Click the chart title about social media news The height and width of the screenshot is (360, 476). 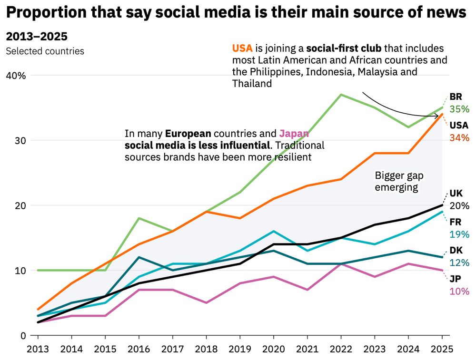click(x=236, y=13)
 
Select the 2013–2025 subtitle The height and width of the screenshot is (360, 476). click(x=37, y=37)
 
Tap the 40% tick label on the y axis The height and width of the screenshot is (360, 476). click(x=15, y=76)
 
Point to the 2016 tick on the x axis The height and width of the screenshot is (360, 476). click(x=139, y=349)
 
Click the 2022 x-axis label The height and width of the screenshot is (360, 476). click(x=340, y=349)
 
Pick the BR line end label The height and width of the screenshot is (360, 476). click(x=456, y=97)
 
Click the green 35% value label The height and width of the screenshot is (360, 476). click(x=459, y=109)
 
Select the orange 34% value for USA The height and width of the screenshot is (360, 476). click(x=459, y=138)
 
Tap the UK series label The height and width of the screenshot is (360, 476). click(x=456, y=194)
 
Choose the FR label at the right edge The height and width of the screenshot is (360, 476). click(x=456, y=222)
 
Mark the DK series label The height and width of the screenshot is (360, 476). click(x=456, y=250)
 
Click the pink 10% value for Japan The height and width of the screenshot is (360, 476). click(x=459, y=291)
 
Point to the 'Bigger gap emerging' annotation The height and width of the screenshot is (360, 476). click(x=399, y=181)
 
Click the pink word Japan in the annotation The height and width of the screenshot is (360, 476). click(x=294, y=134)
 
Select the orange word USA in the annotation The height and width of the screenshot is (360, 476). click(x=242, y=48)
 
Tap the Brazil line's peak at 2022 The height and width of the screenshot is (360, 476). click(x=341, y=95)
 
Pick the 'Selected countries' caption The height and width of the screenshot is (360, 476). click(x=45, y=51)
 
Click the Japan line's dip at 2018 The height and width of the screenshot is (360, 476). click(x=206, y=302)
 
